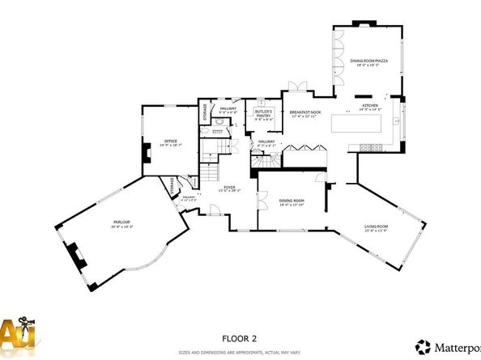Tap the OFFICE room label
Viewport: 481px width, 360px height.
click(x=170, y=141)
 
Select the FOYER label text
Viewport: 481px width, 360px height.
click(x=229, y=187)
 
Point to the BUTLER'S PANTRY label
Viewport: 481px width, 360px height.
click(x=262, y=115)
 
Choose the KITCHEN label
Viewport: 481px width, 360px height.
click(x=370, y=105)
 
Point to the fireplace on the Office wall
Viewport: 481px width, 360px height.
click(x=146, y=154)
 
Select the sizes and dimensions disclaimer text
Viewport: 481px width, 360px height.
click(x=240, y=353)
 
